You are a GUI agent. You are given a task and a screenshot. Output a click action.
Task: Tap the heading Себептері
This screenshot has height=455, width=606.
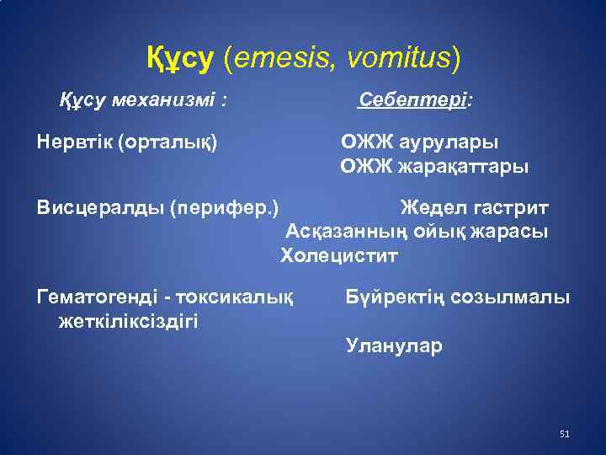(x=415, y=100)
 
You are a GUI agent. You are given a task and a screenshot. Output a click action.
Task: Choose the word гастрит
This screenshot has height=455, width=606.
(x=508, y=207)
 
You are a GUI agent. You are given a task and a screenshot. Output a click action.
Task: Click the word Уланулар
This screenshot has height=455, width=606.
(x=393, y=345)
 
